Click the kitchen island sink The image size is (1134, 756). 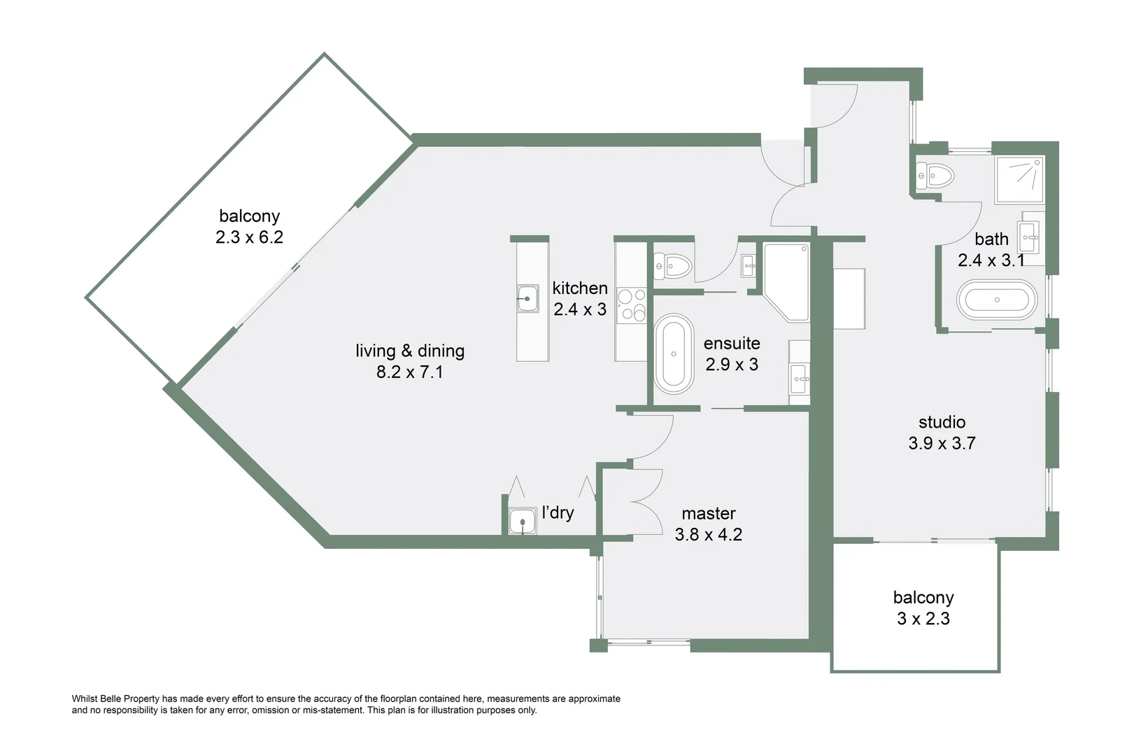coord(527,299)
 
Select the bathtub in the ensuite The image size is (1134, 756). coord(673,353)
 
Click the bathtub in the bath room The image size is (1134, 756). coord(997,300)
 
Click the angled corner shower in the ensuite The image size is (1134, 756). coord(786,281)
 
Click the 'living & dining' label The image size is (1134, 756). coord(410,351)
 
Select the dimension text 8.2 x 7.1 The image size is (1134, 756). coord(410,372)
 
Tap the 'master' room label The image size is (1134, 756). coord(709,513)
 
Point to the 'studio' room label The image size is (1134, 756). coord(942,422)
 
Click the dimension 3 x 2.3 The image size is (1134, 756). coord(923,619)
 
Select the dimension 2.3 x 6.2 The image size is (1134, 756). coord(249,237)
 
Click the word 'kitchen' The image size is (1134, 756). coord(580,288)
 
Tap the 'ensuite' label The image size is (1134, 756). coord(732,343)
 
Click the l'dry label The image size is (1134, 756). coord(558,512)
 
